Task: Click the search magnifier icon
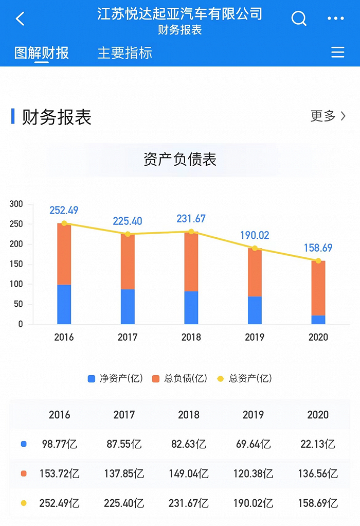point(299,19)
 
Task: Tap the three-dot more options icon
point(335,19)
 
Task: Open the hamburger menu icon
point(337,52)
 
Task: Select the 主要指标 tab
point(125,53)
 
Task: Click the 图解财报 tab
point(42,53)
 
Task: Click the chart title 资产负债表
point(180,160)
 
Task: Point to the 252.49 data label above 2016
point(64,211)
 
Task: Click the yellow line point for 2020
point(318,260)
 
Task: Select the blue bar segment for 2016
point(64,304)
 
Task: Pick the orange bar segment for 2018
point(191,261)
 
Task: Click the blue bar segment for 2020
point(318,320)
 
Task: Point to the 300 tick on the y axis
point(16,204)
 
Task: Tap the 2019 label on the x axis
point(255,338)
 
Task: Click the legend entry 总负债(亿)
point(180,379)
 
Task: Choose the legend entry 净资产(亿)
point(116,379)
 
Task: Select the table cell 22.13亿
point(318,444)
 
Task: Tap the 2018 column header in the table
point(189,415)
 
